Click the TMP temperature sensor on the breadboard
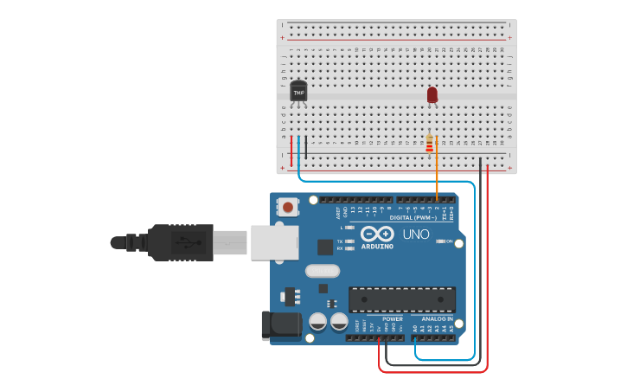point(298,91)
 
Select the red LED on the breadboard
point(432,94)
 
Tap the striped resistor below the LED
point(430,144)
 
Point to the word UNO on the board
point(416,235)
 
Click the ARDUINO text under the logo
point(377,246)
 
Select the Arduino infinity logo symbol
point(377,234)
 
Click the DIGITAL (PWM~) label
point(413,218)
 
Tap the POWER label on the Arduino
point(392,319)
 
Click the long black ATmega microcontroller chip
point(402,299)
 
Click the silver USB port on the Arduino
point(274,242)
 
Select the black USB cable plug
point(180,242)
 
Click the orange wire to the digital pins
point(437,173)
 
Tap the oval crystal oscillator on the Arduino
point(322,271)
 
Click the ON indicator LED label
point(450,241)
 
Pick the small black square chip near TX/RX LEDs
point(325,247)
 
